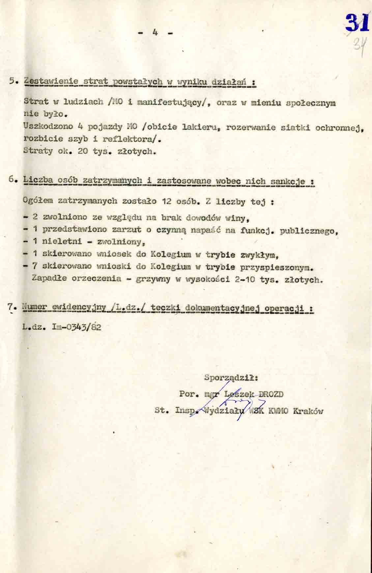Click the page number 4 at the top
155,33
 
